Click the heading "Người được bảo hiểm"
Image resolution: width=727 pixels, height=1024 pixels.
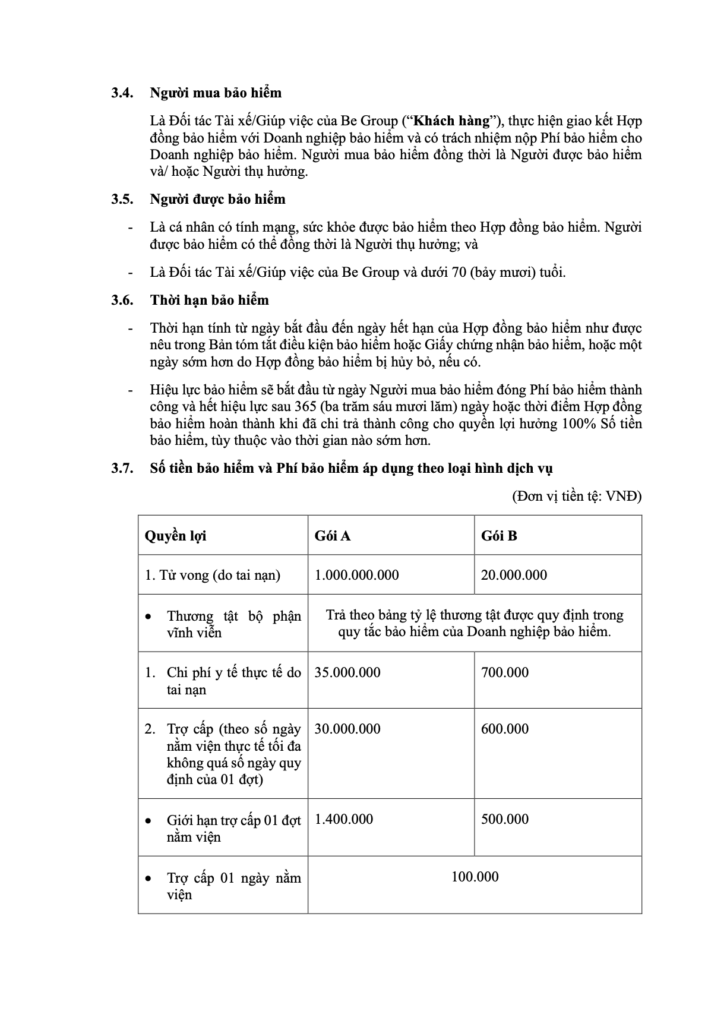217,199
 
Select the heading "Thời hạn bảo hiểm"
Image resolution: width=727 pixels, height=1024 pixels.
209,300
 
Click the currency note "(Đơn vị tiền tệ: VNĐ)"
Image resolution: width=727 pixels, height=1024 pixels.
577,497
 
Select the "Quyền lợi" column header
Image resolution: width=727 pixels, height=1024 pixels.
175,536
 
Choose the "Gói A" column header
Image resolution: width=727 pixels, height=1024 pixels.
333,536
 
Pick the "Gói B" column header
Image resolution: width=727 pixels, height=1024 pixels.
499,536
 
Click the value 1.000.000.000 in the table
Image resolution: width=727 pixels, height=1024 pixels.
356,575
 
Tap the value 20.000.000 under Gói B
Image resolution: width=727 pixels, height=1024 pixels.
514,575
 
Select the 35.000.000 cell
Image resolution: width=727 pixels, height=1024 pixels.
347,672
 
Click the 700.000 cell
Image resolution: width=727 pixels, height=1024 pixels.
505,672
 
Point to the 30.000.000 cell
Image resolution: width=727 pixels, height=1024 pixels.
347,729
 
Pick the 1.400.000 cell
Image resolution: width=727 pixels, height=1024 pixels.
344,819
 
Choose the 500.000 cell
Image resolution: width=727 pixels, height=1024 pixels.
505,819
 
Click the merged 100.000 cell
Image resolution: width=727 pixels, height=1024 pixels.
475,877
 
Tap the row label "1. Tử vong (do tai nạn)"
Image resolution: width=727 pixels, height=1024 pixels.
213,575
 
